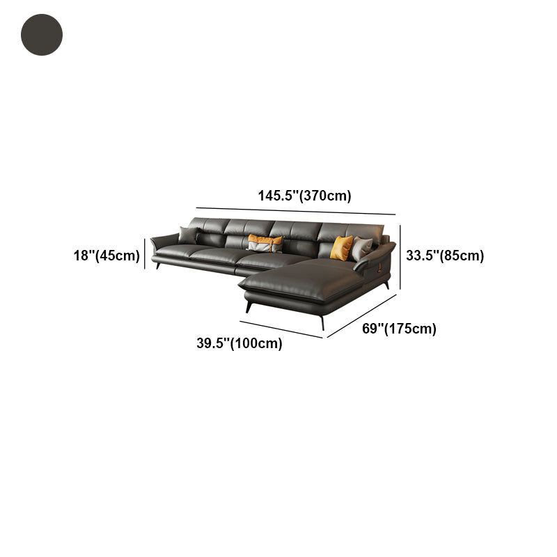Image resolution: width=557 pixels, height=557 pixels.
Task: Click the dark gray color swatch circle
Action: (42, 35)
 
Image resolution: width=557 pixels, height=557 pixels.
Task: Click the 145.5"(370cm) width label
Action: (304, 196)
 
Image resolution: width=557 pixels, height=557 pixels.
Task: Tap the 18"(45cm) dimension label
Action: (107, 256)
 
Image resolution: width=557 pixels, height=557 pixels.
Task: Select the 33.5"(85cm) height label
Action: (445, 256)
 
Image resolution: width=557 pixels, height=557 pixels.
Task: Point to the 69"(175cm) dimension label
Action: (399, 329)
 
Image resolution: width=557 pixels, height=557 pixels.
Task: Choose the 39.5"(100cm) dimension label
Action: (240, 343)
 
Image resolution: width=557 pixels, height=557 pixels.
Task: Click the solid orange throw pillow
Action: (341, 248)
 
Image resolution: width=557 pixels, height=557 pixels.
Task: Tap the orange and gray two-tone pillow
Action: (265, 243)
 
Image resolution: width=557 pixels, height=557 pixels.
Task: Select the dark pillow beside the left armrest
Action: (188, 235)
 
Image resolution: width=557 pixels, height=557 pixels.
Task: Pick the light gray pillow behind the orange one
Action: (361, 249)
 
